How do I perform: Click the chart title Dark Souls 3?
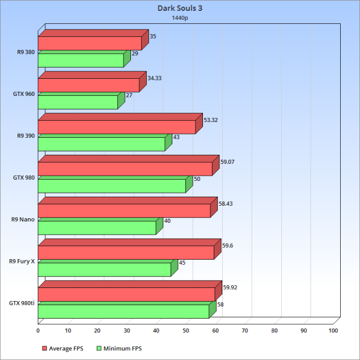[x=180, y=9]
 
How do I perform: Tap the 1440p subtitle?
[x=180, y=18]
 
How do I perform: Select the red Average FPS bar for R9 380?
[x=90, y=44]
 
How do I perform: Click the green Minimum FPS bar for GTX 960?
[x=78, y=102]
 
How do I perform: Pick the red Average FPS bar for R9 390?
[x=117, y=127]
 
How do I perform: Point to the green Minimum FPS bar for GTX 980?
[x=112, y=186]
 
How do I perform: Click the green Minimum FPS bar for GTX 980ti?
[x=124, y=311]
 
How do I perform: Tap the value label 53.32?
[x=210, y=120]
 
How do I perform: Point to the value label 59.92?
[x=230, y=287]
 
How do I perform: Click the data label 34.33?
[x=154, y=78]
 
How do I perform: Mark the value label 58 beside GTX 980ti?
[x=220, y=304]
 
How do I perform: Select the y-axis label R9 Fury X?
[x=22, y=261]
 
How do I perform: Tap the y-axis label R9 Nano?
[x=23, y=219]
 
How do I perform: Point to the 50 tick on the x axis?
[x=186, y=330]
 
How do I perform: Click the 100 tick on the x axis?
[x=333, y=330]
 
